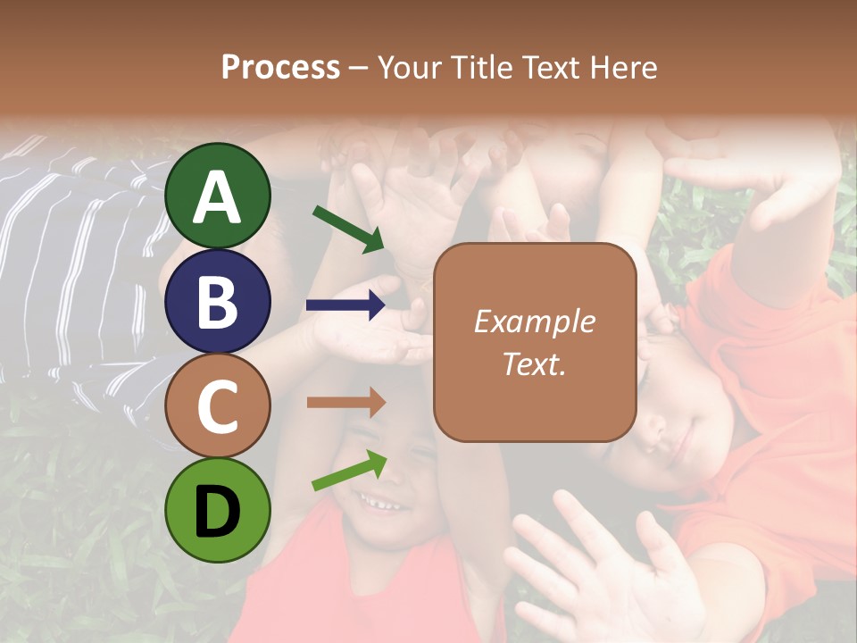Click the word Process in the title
tap(280, 67)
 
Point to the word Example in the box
tap(535, 321)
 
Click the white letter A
tap(218, 196)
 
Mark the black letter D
tap(218, 512)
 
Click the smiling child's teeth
tap(383, 505)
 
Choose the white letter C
tap(218, 407)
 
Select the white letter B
tap(218, 301)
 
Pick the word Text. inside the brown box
tap(535, 363)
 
